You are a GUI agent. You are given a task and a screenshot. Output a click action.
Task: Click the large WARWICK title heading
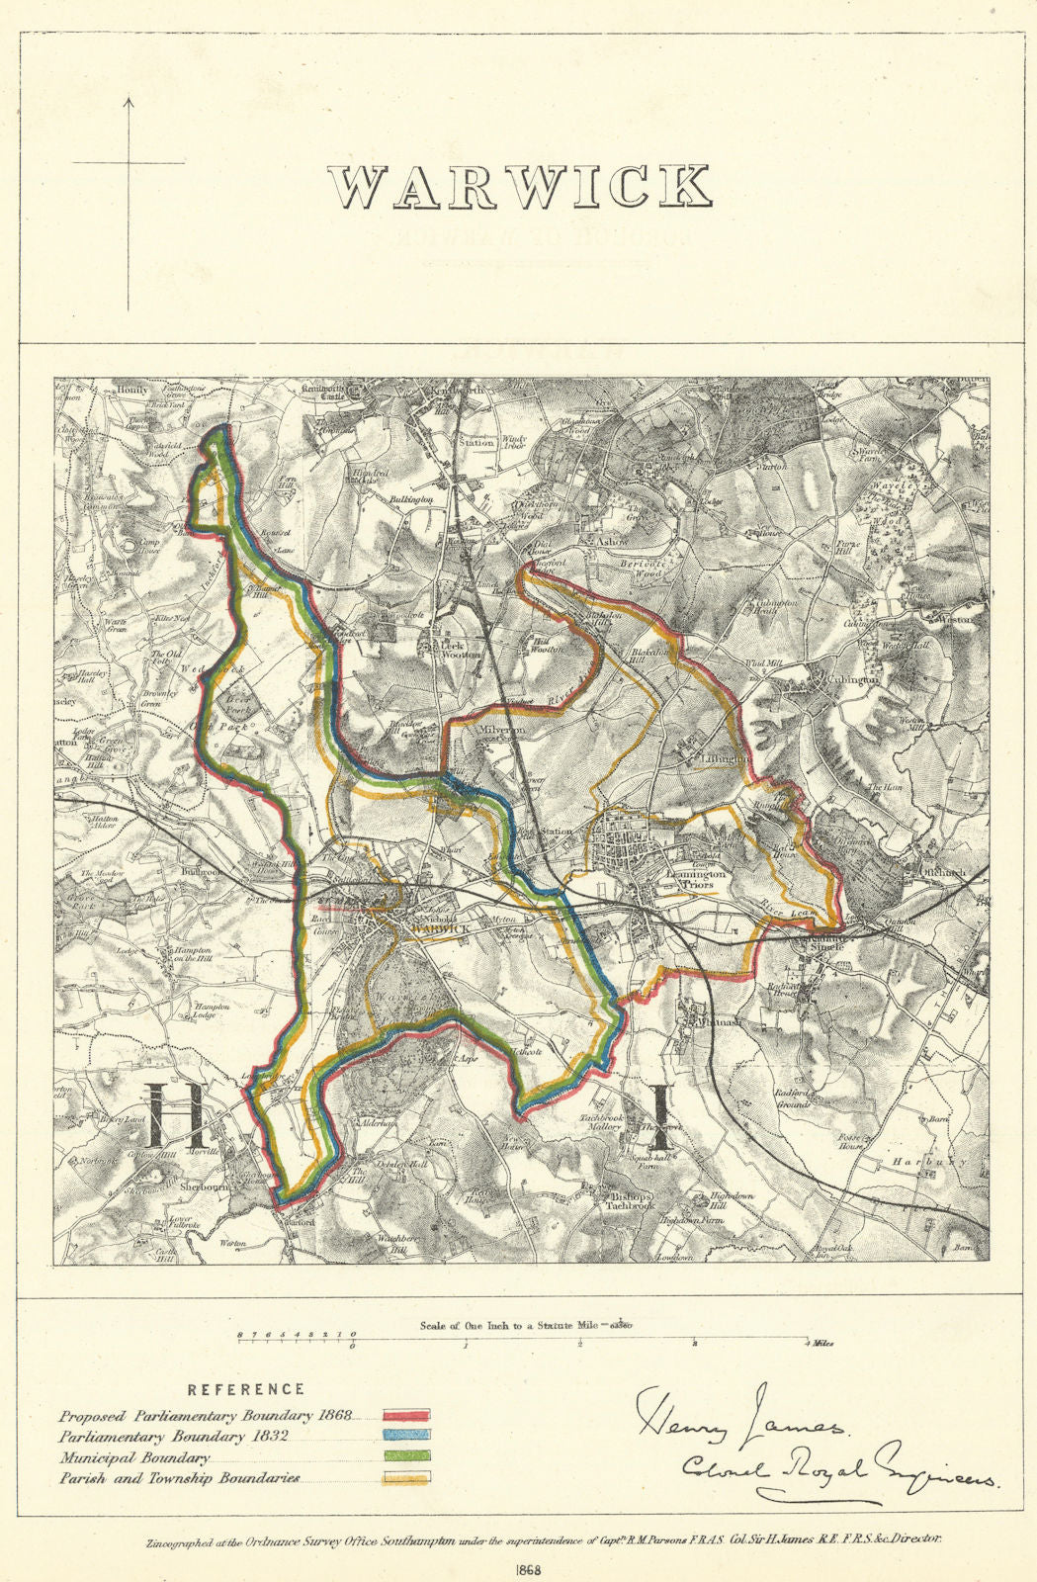click(520, 187)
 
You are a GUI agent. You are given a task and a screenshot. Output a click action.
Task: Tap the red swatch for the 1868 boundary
click(405, 1415)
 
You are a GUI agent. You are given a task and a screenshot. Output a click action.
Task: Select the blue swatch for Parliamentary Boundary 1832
click(405, 1437)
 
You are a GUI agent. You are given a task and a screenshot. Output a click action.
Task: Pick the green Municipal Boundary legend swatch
click(405, 1458)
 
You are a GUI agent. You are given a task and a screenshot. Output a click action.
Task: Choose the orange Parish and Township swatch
click(405, 1480)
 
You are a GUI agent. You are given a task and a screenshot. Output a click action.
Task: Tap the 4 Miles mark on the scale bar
click(817, 1344)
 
